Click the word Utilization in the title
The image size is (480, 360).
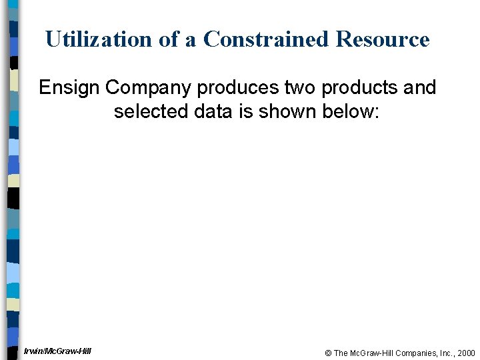click(99, 39)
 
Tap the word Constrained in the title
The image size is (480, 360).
click(267, 39)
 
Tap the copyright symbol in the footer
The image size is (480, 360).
click(328, 353)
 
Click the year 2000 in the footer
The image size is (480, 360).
click(467, 353)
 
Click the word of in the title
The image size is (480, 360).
click(170, 39)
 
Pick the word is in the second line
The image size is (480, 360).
click(247, 111)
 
